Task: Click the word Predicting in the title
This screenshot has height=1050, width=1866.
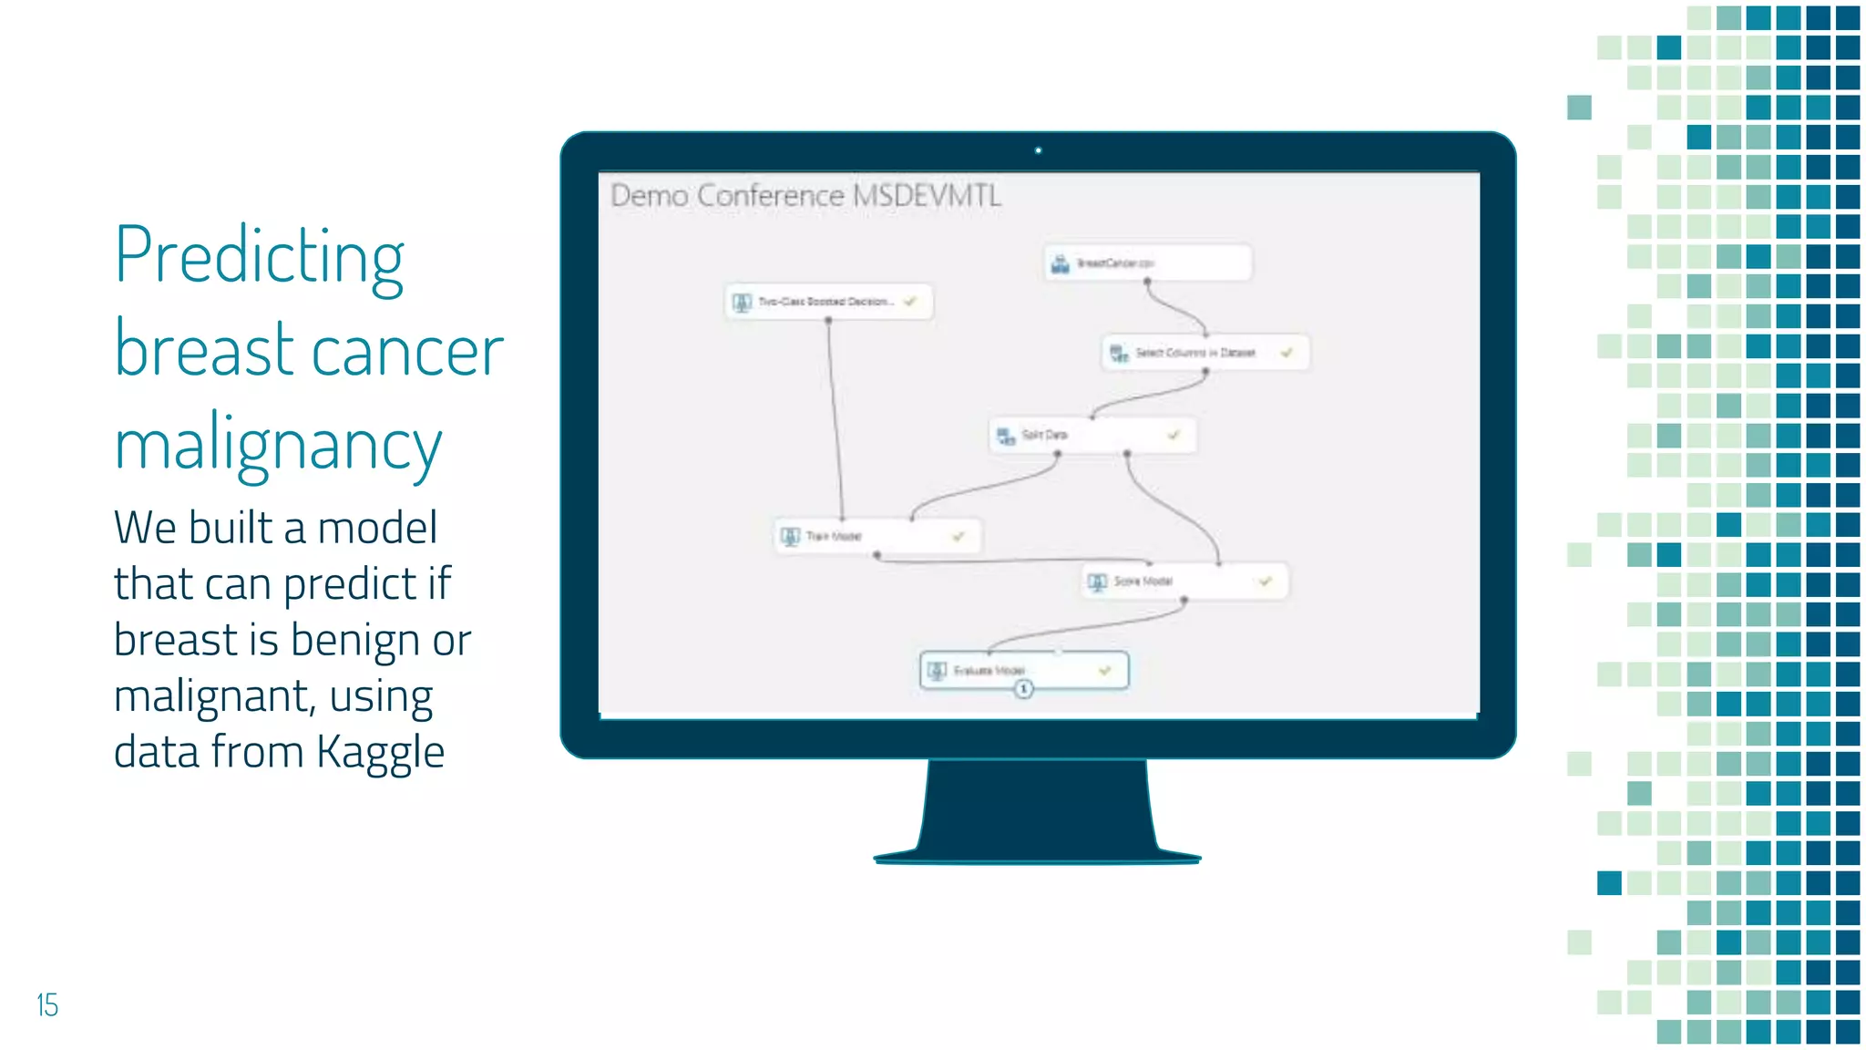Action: click(x=259, y=257)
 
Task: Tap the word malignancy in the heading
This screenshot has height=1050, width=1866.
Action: click(x=278, y=447)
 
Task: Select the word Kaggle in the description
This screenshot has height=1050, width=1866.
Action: click(x=380, y=753)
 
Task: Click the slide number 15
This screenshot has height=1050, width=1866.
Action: click(x=47, y=1004)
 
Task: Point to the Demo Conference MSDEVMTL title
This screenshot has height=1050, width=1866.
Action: click(x=805, y=196)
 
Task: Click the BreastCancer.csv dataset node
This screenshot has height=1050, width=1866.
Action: click(x=1147, y=263)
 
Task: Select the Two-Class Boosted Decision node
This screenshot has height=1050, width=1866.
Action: click(x=827, y=302)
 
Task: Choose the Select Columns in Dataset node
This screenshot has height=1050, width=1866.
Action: click(x=1205, y=353)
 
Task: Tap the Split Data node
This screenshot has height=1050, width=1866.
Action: click(x=1092, y=435)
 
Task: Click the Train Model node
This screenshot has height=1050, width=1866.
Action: click(x=877, y=536)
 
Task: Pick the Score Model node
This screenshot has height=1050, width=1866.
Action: click(x=1184, y=582)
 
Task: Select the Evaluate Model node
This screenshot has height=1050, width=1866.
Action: click(x=1023, y=671)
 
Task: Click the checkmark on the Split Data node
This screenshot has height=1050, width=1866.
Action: click(x=1174, y=435)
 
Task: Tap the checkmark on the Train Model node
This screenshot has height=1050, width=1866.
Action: click(x=958, y=536)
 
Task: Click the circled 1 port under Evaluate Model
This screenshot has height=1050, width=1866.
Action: click(x=1023, y=689)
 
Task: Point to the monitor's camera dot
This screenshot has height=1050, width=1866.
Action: click(x=1038, y=150)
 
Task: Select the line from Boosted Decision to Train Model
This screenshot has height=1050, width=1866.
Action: click(x=835, y=419)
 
